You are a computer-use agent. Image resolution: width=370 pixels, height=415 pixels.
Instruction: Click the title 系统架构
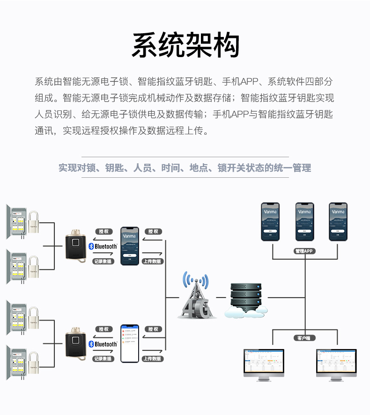[x=185, y=45]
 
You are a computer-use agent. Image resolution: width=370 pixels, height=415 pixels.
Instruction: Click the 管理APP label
[x=304, y=251]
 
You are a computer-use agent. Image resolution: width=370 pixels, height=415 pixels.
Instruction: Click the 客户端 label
[x=304, y=337]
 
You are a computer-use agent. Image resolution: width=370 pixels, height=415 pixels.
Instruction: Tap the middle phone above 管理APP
[x=304, y=221]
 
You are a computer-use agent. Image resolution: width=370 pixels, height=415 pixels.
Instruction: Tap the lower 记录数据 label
[x=103, y=359]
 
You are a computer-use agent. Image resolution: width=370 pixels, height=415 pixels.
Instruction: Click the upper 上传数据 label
[x=152, y=261]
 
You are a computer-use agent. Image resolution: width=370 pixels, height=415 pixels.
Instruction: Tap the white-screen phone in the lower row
[x=130, y=343]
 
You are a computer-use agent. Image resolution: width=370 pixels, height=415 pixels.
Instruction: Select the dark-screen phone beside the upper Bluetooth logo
[x=130, y=246]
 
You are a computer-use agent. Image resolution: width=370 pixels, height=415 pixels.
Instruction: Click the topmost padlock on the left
[x=33, y=223]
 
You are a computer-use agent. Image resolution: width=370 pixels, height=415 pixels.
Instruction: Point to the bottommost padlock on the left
[x=33, y=366]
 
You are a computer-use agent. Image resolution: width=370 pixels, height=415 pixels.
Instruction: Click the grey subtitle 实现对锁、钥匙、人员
[x=185, y=167]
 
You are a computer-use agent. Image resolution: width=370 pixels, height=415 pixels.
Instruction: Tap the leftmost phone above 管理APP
[x=270, y=221]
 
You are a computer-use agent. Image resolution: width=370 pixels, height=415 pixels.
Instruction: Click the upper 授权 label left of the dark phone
[x=104, y=232]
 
